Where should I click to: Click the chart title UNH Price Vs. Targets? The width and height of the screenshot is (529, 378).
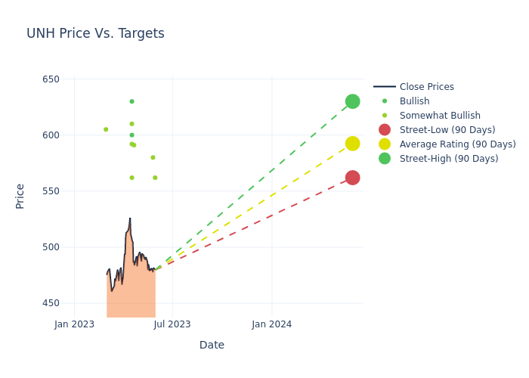[95, 33]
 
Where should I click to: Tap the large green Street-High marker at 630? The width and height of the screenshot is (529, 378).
[352, 101]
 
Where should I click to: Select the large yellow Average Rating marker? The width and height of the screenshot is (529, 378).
[352, 144]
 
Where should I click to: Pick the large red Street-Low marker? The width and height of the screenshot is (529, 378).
[352, 178]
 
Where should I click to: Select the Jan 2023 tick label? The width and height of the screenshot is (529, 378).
[74, 324]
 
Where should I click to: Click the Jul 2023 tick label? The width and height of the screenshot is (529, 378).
[172, 324]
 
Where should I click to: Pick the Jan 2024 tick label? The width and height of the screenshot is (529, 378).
[272, 324]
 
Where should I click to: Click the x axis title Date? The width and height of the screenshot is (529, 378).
[212, 345]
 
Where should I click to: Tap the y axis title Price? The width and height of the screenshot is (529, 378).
[20, 196]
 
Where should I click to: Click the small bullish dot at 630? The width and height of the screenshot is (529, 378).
[131, 101]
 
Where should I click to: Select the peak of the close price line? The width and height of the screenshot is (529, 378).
[130, 218]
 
